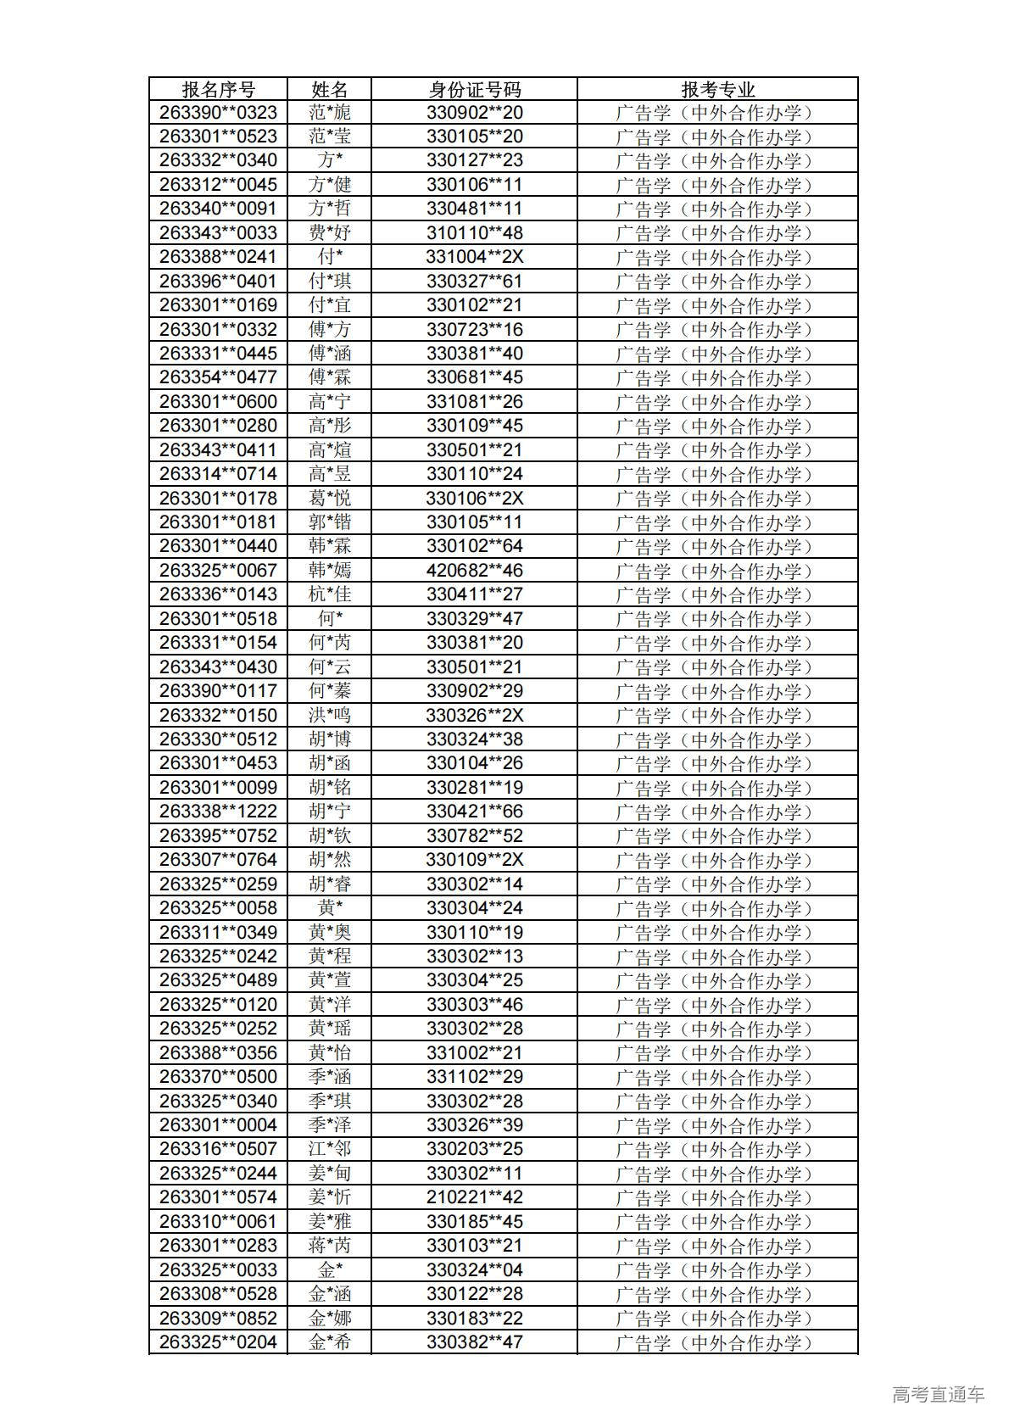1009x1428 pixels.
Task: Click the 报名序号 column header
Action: tap(218, 89)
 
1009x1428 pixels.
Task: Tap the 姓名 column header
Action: tap(329, 89)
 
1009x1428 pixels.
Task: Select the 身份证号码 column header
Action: tap(474, 89)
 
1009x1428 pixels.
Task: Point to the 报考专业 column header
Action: tap(717, 89)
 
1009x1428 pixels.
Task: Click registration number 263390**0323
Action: tap(218, 113)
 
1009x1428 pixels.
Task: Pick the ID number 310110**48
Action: tap(474, 233)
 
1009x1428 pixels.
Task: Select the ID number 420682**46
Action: tap(474, 571)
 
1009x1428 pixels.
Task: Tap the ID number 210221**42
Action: tap(474, 1197)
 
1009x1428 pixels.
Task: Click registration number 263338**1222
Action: tap(218, 812)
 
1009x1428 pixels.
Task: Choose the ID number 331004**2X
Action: tap(474, 257)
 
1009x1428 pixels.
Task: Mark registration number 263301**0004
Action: tap(218, 1125)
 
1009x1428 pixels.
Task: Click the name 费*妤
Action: tap(329, 233)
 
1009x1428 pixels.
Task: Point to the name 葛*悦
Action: tap(329, 499)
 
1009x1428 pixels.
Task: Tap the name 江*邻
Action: tap(329, 1149)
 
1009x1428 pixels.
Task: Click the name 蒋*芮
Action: tap(329, 1246)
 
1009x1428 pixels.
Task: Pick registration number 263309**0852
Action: tap(218, 1318)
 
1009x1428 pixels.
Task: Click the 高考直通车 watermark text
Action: tap(938, 1394)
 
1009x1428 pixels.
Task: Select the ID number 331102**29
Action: tap(474, 1077)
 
